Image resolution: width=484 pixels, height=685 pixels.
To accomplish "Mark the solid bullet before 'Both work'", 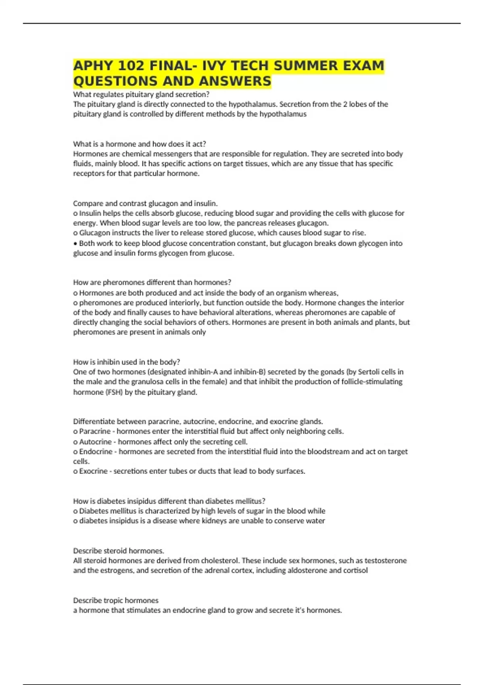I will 75,243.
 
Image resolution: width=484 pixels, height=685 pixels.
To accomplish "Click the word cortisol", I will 355,571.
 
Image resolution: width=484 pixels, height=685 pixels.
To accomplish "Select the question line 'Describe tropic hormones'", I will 116,600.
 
